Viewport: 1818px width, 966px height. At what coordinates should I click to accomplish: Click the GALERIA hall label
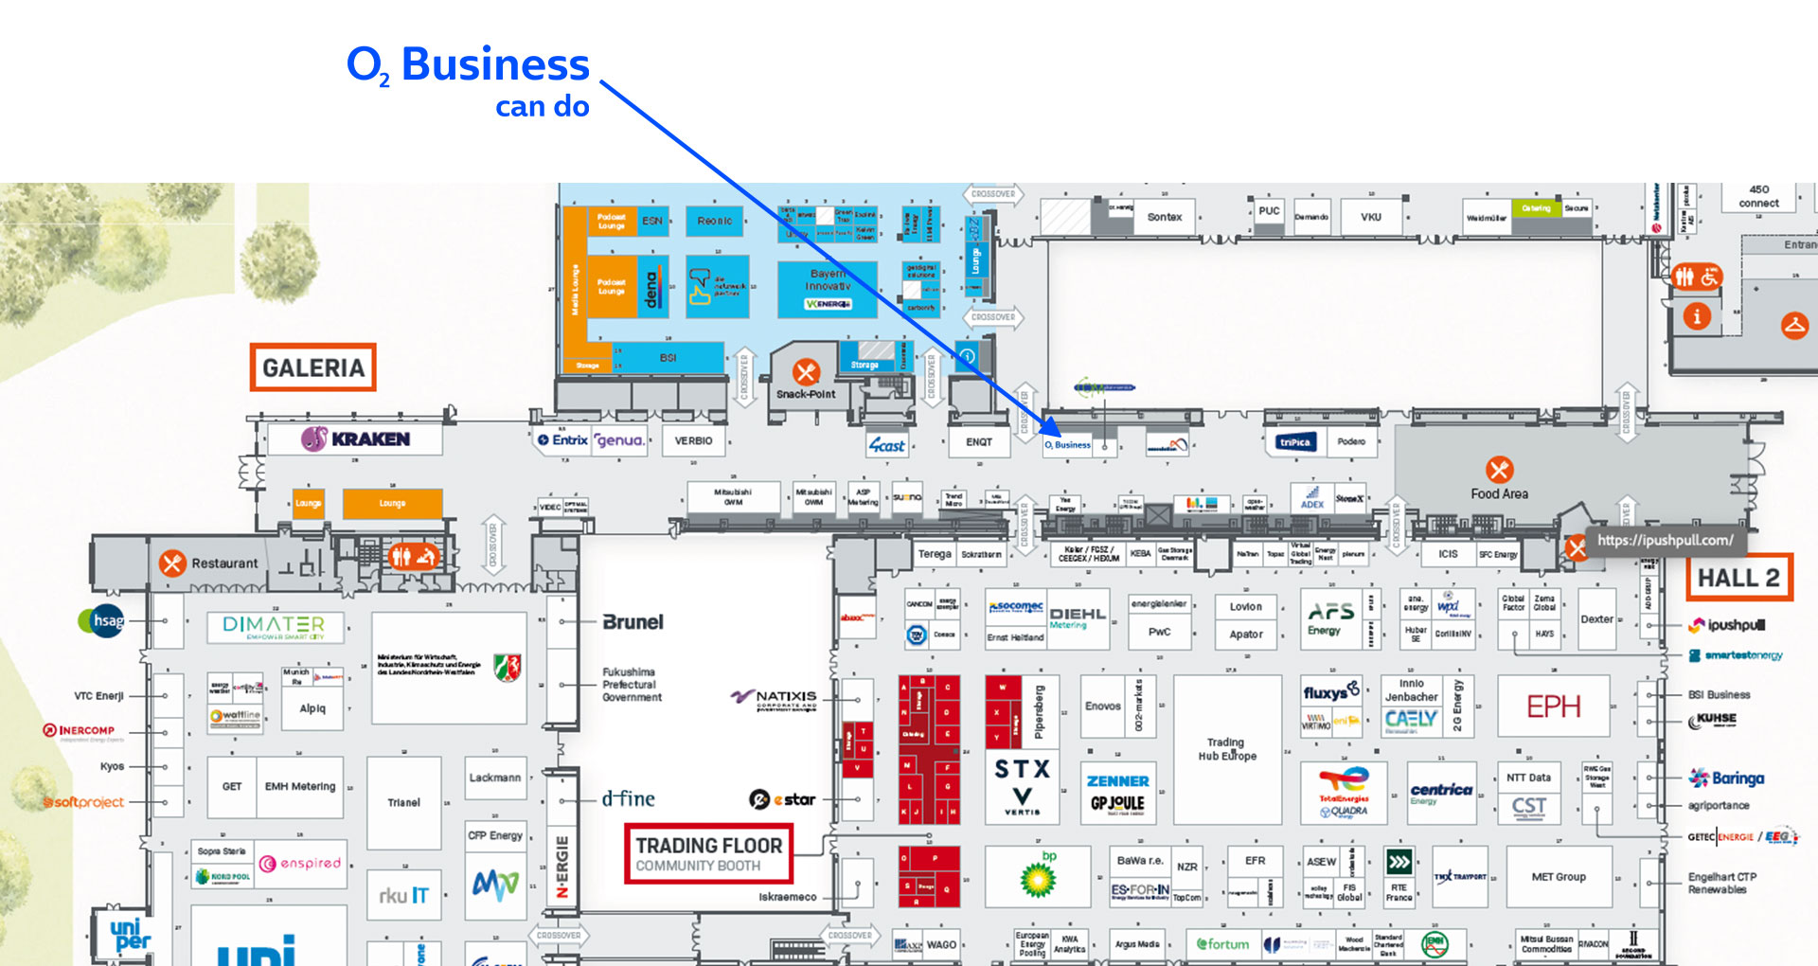coord(312,367)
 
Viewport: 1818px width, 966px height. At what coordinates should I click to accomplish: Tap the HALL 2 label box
coord(1738,578)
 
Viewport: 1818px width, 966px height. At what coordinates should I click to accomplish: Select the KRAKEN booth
coord(356,439)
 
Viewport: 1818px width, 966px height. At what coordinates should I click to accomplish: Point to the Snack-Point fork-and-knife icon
coord(806,371)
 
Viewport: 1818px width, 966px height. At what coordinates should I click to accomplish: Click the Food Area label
coord(1499,493)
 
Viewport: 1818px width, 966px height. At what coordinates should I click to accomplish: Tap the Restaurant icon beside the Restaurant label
coord(172,563)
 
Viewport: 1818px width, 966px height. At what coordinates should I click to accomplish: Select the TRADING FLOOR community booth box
coord(708,853)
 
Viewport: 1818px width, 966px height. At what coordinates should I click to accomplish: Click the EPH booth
coord(1553,707)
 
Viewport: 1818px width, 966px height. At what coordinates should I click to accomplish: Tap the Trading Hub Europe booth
coord(1227,749)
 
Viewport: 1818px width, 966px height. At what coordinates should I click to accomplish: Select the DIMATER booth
coord(274,626)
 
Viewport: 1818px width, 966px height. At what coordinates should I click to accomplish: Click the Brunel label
coord(633,622)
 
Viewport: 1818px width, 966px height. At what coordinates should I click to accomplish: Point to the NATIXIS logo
coord(775,699)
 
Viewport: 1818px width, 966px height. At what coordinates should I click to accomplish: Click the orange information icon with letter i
coord(1696,316)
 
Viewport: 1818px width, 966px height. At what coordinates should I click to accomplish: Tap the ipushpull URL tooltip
coord(1665,540)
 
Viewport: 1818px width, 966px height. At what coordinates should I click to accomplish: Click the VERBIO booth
coord(693,440)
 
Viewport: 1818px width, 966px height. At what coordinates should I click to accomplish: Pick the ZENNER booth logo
coord(1117,781)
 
